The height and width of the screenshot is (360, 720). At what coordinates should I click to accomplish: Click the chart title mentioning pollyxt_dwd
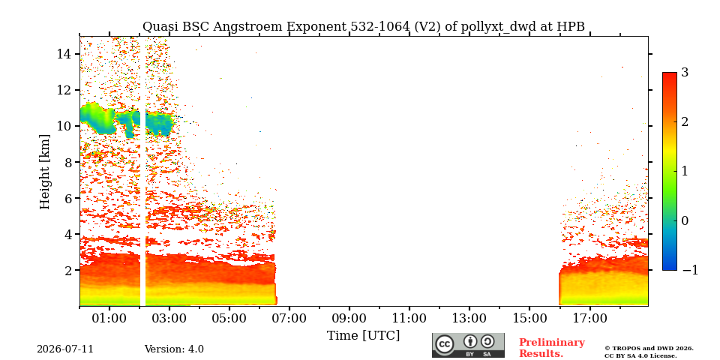coord(363,27)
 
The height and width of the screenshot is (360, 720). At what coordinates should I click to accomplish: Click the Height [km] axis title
coord(44,172)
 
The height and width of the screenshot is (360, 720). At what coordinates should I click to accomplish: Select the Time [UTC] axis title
coord(363,336)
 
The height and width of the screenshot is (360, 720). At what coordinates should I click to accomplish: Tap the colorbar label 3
coord(685,72)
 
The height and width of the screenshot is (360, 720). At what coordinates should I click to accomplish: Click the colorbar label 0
coord(685,220)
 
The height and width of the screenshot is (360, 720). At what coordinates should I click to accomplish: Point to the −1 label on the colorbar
coord(690,270)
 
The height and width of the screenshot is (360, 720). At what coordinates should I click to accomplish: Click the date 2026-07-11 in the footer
coord(65,349)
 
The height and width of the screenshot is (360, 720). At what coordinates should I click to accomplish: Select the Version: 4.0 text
coord(174,349)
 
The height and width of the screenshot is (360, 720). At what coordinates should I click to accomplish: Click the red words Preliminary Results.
coord(552,348)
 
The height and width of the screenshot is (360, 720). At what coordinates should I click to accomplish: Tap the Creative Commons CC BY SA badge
coord(468,345)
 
